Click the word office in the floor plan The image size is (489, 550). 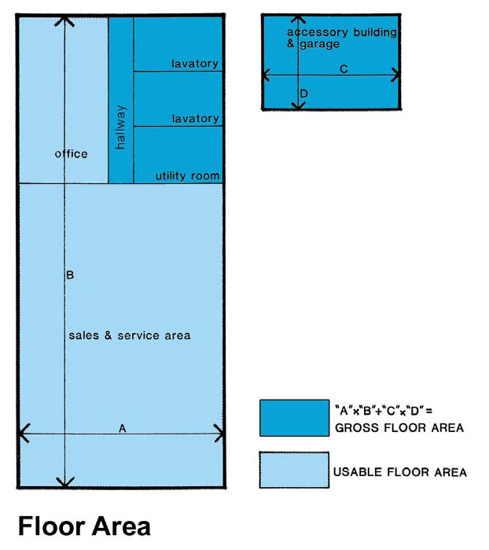tap(72, 153)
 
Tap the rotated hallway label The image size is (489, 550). tap(120, 127)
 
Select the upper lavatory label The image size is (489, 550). tap(195, 64)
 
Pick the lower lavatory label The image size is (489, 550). tap(195, 119)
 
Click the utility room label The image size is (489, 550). tap(188, 175)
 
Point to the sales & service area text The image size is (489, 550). tap(130, 335)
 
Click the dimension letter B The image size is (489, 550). tap(70, 275)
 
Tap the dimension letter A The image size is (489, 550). tap(123, 428)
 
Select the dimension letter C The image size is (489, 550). tap(344, 69)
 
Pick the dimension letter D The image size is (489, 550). tap(304, 94)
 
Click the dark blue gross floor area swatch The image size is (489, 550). tap(295, 418)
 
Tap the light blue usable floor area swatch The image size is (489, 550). tap(294, 470)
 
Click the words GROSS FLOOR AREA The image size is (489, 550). tap(399, 427)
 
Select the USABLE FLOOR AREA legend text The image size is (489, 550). tap(400, 472)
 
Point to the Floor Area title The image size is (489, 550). tap(84, 526)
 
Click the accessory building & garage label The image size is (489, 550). tap(342, 38)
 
